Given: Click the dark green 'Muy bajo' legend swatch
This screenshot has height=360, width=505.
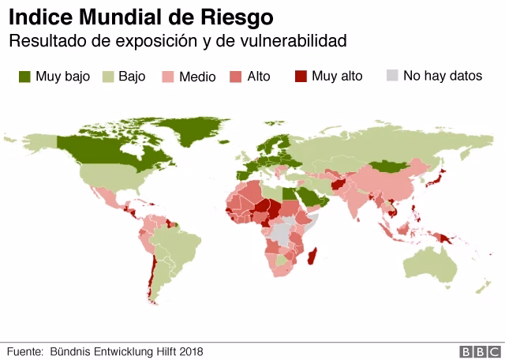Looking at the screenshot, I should [24, 77].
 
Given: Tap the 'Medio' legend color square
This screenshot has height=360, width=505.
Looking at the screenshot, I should [168, 77].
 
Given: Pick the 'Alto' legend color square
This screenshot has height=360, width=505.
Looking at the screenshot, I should [235, 77].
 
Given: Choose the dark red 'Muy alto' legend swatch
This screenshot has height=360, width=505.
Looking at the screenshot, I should [301, 77].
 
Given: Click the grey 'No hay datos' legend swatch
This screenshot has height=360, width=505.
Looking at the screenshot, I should [392, 77].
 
